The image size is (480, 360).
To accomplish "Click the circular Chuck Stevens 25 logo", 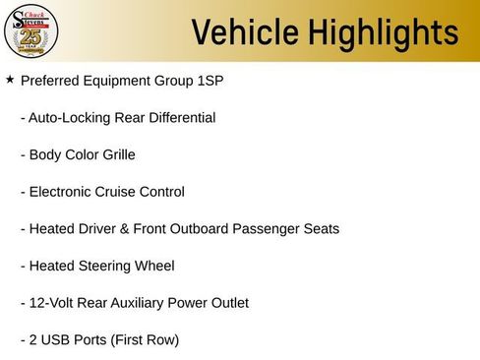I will [x=31, y=32].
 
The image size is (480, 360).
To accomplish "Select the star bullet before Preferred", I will [x=10, y=79].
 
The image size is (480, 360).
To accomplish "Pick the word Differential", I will [x=177, y=117].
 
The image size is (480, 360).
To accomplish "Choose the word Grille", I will [x=116, y=154].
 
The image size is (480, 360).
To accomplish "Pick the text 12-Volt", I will [x=48, y=303].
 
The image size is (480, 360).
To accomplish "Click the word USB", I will [x=56, y=340].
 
